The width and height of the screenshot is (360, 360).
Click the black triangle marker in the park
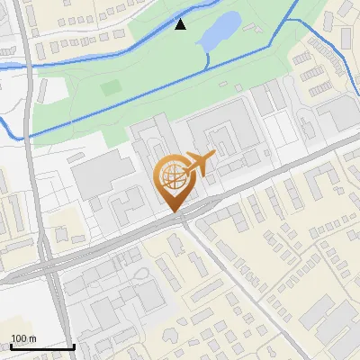(x=180, y=24)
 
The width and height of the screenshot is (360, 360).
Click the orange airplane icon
(x=199, y=165)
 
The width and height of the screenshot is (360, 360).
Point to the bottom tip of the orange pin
(x=173, y=212)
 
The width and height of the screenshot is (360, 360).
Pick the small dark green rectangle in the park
(x=111, y=88)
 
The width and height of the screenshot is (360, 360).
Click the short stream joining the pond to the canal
(x=208, y=58)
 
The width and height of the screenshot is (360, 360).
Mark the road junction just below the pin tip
(x=180, y=222)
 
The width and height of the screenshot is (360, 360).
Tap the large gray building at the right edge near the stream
(x=338, y=112)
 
